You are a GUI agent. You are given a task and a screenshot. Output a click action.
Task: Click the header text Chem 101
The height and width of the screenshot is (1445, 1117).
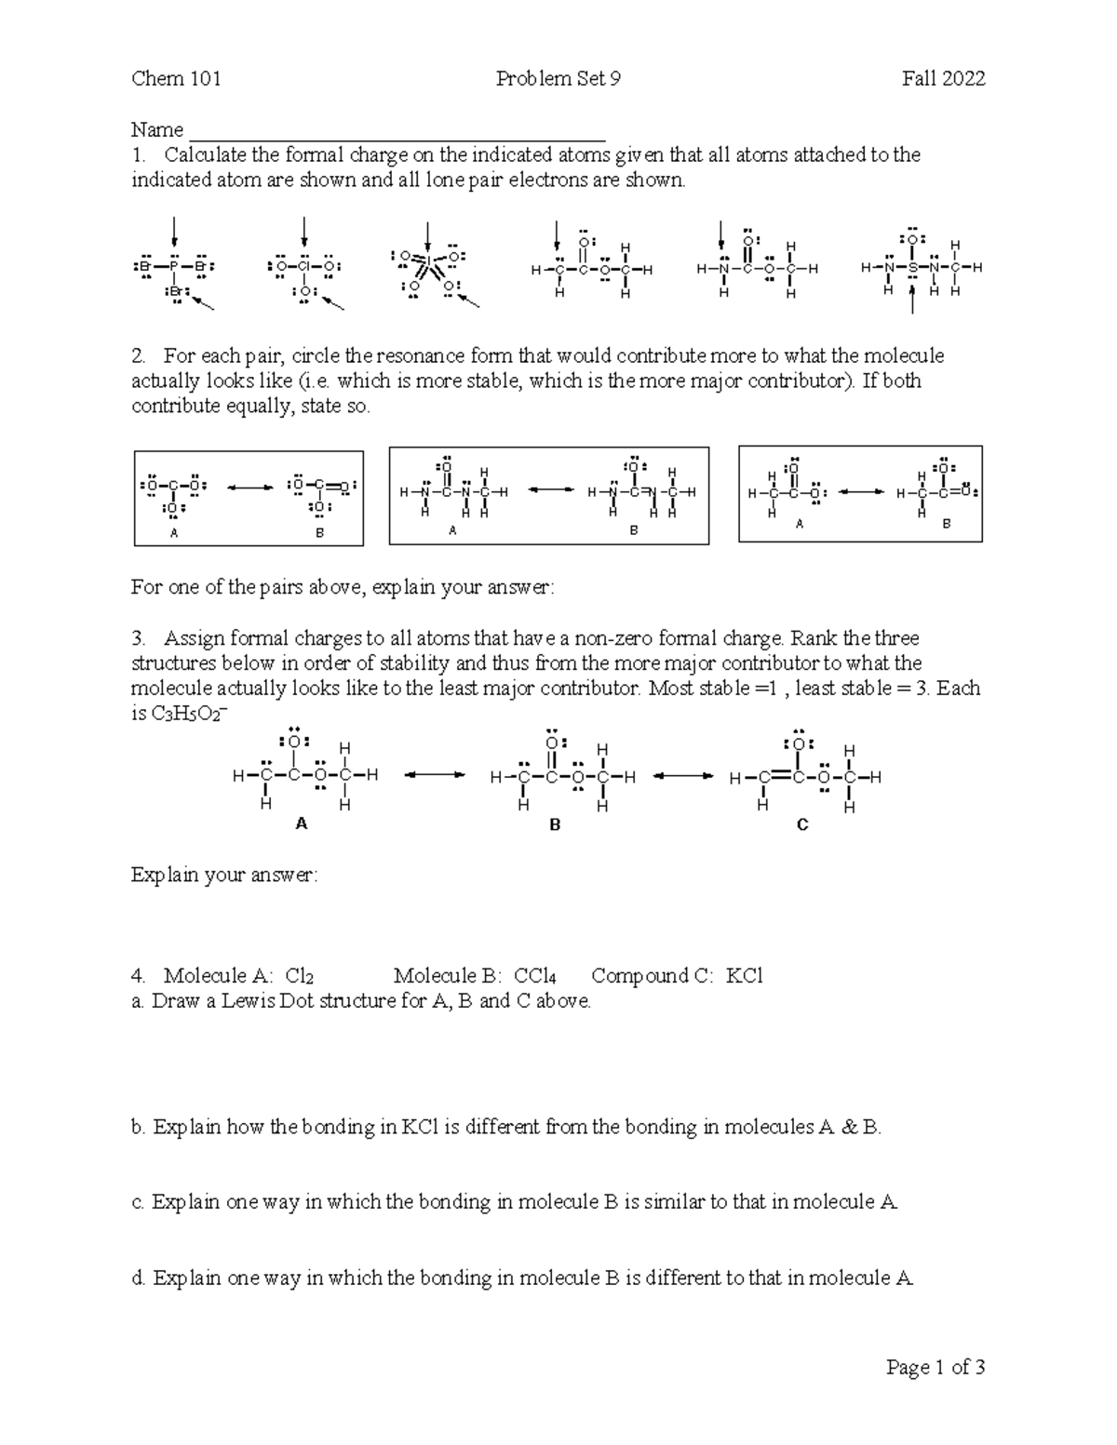click(176, 79)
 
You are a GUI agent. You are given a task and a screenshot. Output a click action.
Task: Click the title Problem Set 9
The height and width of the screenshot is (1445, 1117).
click(558, 79)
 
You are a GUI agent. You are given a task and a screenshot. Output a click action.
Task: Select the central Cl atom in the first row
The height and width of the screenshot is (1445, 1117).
click(304, 267)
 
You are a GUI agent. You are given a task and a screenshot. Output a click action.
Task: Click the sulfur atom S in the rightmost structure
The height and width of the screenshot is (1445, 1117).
click(913, 268)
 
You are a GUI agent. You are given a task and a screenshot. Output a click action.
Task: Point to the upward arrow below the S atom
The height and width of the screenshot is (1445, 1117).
click(913, 301)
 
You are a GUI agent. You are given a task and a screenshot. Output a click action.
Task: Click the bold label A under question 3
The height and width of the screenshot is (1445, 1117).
click(301, 823)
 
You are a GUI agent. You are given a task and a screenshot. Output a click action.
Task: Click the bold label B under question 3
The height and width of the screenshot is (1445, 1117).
click(555, 824)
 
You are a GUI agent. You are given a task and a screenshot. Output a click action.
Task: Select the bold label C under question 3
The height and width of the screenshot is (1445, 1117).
click(802, 824)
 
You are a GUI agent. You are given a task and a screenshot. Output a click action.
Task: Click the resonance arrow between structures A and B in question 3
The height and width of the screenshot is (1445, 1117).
click(433, 774)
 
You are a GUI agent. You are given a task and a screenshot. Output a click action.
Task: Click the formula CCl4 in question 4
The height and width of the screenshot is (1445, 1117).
click(534, 976)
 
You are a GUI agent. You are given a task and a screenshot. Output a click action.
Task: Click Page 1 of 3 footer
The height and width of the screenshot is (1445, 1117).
click(935, 1368)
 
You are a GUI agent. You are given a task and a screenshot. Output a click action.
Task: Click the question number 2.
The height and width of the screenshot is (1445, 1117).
click(139, 356)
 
